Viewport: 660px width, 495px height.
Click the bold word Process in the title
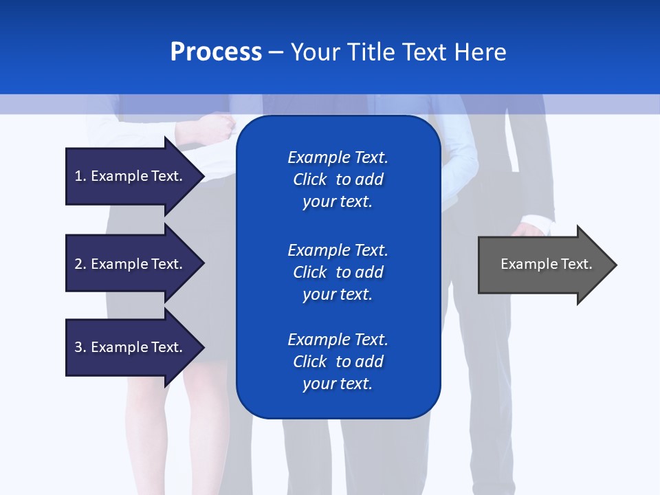pos(216,52)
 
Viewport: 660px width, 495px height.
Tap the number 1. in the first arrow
pos(80,177)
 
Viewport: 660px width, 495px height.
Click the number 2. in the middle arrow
pos(80,264)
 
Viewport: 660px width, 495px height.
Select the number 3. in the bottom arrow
pos(80,347)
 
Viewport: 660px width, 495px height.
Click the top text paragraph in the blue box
pos(338,179)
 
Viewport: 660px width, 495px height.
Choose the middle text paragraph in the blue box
pos(338,272)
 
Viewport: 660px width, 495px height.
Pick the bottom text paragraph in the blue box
pos(338,362)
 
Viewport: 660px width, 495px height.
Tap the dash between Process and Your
pos(276,53)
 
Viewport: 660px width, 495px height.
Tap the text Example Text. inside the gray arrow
pos(546,264)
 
